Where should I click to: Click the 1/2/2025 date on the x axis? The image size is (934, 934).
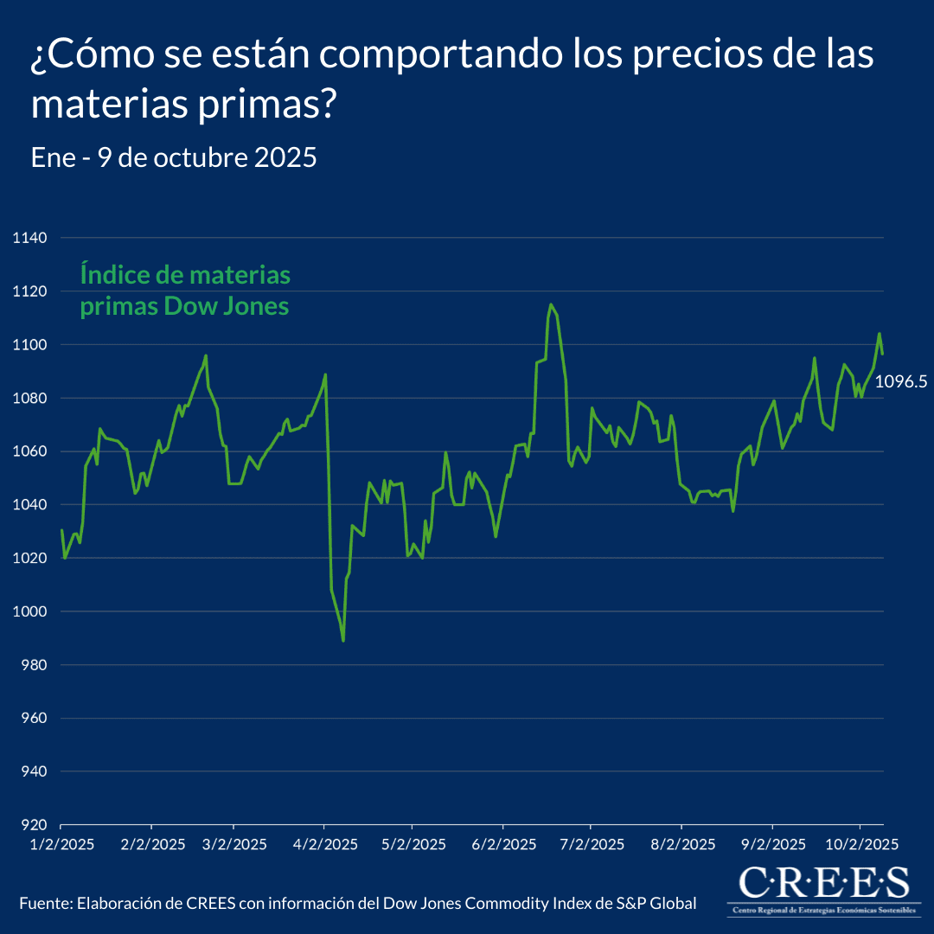click(x=61, y=843)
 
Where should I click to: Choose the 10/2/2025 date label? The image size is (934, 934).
click(x=859, y=843)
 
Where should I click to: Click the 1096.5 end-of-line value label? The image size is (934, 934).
click(x=900, y=381)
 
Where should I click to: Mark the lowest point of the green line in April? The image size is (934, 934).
click(x=343, y=641)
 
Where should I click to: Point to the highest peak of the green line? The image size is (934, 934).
click(x=550, y=304)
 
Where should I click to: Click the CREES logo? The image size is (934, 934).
click(x=823, y=888)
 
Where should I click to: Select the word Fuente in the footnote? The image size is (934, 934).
click(x=45, y=904)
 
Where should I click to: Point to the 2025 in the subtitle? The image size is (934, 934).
click(x=287, y=158)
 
